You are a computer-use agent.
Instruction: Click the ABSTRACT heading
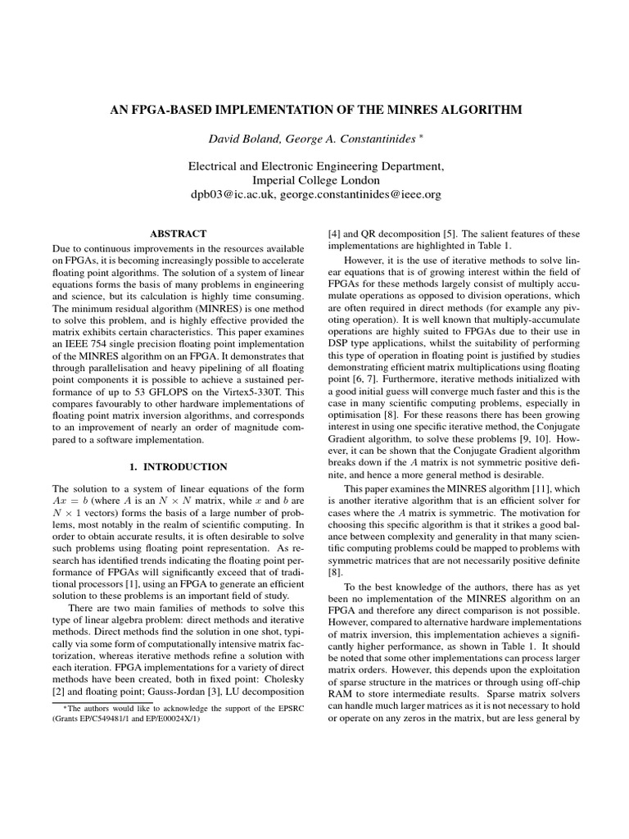179,234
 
